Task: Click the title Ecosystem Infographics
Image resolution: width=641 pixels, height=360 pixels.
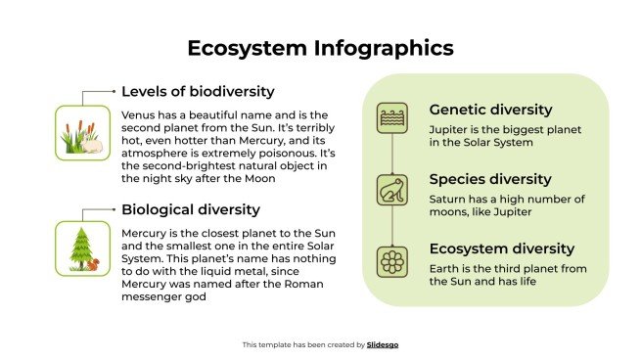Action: pyautogui.click(x=320, y=48)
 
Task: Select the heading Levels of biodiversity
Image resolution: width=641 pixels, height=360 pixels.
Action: pyautogui.click(x=198, y=91)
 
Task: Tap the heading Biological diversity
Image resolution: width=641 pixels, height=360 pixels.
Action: pyautogui.click(x=190, y=208)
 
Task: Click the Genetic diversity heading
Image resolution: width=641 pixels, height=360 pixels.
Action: pyautogui.click(x=490, y=110)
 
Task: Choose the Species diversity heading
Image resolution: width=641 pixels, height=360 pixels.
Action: pyautogui.click(x=490, y=179)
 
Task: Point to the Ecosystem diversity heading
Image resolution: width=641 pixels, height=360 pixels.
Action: pyautogui.click(x=501, y=248)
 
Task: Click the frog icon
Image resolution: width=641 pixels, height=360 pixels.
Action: pyautogui.click(x=392, y=190)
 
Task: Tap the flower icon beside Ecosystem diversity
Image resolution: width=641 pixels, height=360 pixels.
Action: pyautogui.click(x=392, y=262)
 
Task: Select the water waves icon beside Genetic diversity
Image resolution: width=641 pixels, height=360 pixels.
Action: pyautogui.click(x=392, y=118)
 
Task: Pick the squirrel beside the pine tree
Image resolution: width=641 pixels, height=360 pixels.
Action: pyautogui.click(x=94, y=263)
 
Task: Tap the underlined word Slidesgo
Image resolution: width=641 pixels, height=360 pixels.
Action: pyautogui.click(x=383, y=344)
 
